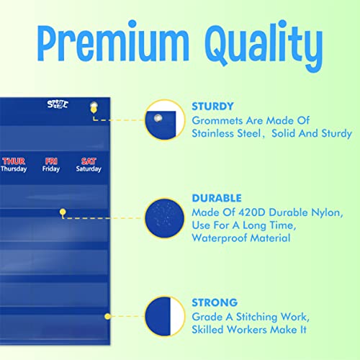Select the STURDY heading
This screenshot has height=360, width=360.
point(212,106)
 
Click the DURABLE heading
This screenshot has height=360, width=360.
point(217,197)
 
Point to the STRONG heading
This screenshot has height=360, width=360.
point(214,302)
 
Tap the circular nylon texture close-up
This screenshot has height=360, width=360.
point(163,217)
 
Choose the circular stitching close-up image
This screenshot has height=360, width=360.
point(163,316)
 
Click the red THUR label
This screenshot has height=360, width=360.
point(14,161)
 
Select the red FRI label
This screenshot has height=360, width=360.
point(51,161)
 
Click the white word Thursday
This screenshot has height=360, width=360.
point(14,169)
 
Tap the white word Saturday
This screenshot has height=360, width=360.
point(89,169)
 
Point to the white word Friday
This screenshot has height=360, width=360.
point(51,169)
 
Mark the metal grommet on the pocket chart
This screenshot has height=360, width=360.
point(92,108)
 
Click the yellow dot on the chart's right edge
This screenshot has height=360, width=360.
point(107,315)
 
